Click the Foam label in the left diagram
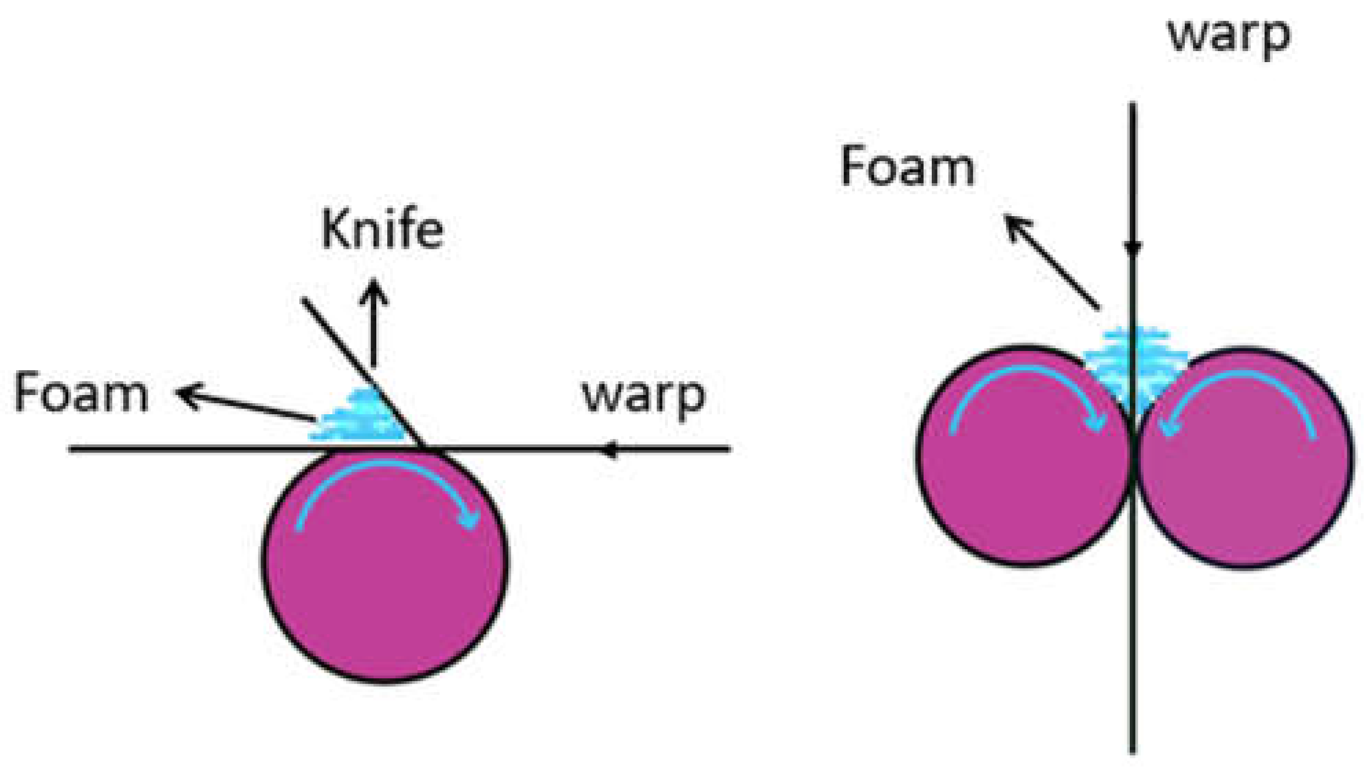81,393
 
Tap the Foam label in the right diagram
907,167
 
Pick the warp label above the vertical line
1228,34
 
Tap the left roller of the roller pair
1017,495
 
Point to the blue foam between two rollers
1134,364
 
